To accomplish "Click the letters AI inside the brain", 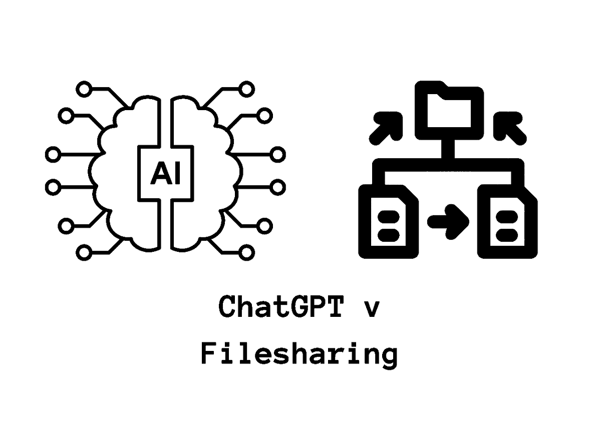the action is pos(166,173).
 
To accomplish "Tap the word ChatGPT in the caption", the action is pos(281,306).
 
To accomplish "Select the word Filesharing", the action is pos(299,354).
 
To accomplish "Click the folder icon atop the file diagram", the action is pos(449,110).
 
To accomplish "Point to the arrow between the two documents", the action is pos(448,222).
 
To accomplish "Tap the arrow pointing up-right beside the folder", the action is pos(386,129).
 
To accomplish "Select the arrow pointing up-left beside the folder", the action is pos(510,129).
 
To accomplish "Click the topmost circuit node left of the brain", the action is pos(84,89).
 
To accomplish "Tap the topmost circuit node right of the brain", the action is pos(246,89).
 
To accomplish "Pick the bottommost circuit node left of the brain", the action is pos(84,252).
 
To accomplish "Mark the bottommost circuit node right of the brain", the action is pos(246,252).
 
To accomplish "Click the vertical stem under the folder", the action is pos(448,149).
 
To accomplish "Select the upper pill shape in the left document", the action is pos(389,217).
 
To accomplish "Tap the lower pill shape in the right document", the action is pos(507,235).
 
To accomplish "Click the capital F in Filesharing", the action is pos(208,353).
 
